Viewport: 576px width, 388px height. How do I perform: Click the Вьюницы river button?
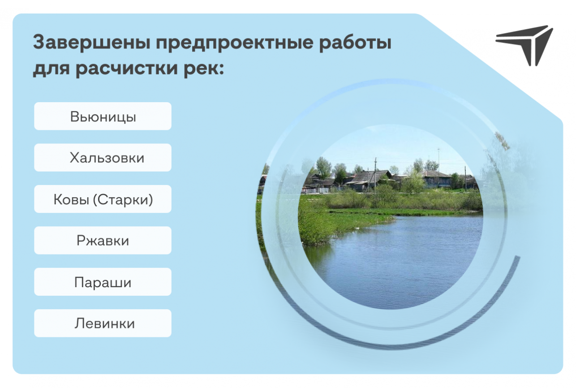[103, 116]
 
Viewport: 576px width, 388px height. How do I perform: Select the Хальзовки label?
[103, 157]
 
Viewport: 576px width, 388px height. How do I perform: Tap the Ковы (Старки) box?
[103, 199]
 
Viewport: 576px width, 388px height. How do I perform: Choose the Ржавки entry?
[103, 240]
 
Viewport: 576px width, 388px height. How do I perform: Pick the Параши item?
[103, 282]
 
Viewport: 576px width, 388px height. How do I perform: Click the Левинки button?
[103, 323]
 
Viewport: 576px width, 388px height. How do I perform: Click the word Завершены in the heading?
[91, 43]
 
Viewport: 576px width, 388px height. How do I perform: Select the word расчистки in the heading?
[126, 69]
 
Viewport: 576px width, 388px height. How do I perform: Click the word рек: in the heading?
[204, 69]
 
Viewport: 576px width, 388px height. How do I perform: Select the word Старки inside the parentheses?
[123, 199]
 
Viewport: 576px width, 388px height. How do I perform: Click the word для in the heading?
[51, 69]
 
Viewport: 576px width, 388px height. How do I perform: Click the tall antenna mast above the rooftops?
[438, 160]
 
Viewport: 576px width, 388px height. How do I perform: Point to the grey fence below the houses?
[316, 191]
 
